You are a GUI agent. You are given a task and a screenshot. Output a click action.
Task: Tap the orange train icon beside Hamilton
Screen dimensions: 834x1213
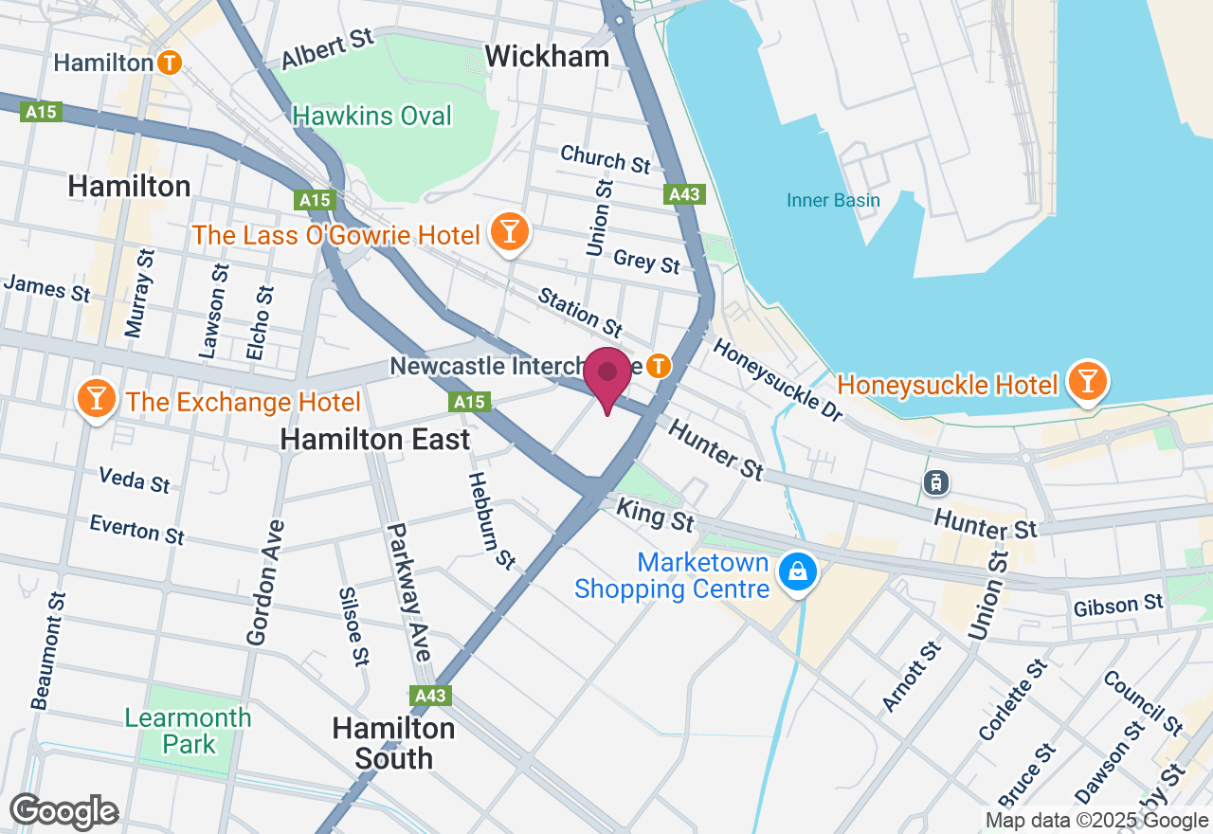click(x=170, y=63)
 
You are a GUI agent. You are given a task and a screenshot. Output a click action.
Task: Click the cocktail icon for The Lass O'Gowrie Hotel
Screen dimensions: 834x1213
click(x=510, y=230)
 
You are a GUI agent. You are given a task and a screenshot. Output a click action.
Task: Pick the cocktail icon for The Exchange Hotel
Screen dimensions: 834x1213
click(x=96, y=399)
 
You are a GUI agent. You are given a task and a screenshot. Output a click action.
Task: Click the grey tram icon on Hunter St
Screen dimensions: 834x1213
click(x=936, y=482)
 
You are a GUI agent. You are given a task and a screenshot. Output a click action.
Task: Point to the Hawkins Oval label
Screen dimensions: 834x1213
click(x=372, y=116)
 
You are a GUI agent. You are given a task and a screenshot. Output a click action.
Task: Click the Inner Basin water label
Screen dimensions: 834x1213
click(x=833, y=200)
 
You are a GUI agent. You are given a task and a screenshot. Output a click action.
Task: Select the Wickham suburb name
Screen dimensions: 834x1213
click(x=547, y=57)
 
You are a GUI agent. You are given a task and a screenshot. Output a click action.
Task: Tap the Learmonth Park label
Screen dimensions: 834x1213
click(x=189, y=731)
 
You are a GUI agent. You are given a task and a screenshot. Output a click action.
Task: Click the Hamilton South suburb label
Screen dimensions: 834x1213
click(x=393, y=743)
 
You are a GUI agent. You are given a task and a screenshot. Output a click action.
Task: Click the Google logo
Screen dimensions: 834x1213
click(x=63, y=811)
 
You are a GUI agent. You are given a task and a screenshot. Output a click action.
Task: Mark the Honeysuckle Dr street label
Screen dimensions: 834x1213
click(x=777, y=373)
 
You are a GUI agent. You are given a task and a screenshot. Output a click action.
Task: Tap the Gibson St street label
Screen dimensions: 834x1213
click(x=1118, y=604)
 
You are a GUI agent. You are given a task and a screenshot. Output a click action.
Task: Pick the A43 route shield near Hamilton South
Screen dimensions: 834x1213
click(x=431, y=696)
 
